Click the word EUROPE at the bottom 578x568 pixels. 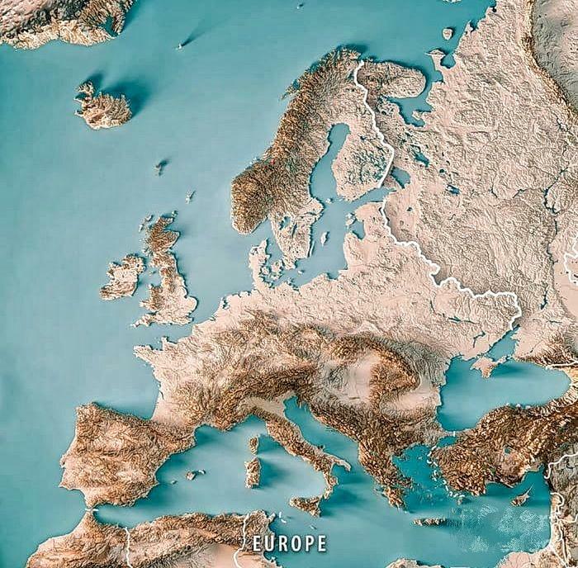coord(289,542)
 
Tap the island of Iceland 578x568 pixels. coord(104,106)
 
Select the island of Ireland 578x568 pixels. coord(122,277)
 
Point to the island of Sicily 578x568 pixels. coord(307,503)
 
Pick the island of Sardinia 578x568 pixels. coord(253,471)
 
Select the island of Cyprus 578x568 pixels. coord(521,498)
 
